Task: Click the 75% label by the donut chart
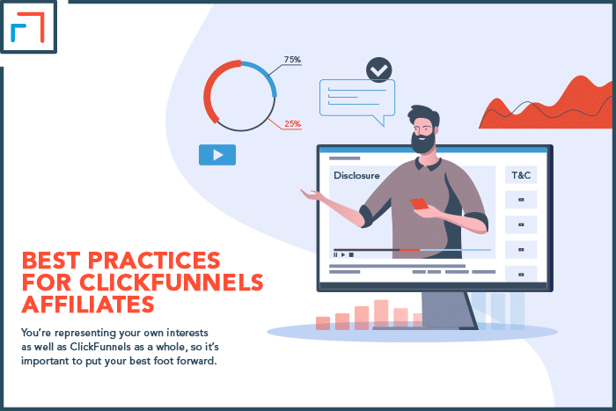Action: (293, 59)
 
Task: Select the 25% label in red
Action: (293, 124)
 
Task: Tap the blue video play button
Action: (217, 155)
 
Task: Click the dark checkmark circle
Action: (379, 70)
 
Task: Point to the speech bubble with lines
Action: (356, 99)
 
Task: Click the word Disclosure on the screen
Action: (356, 175)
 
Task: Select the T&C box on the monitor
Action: (521, 175)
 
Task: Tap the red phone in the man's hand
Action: (419, 204)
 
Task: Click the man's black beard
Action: (422, 143)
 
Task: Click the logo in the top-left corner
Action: (28, 26)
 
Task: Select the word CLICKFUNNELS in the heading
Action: (172, 283)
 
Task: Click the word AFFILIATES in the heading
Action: (88, 305)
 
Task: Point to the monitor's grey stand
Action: (448, 311)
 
